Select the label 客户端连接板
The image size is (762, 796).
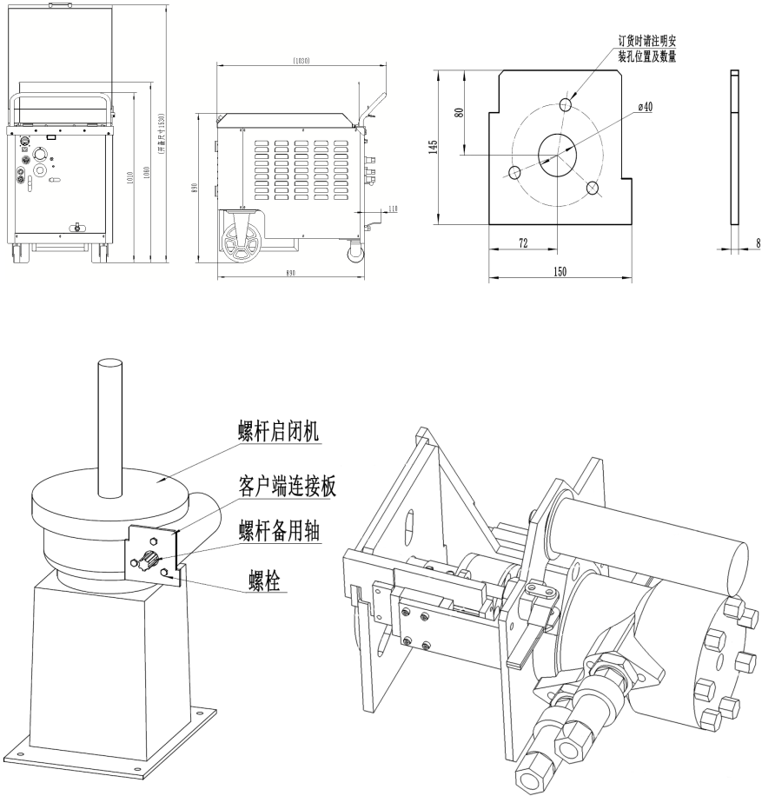pos(286,484)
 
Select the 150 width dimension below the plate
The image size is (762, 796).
pos(560,272)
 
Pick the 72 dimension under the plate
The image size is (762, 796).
pos(523,244)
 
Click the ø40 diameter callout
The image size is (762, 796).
pos(645,106)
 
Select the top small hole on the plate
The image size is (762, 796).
pos(567,105)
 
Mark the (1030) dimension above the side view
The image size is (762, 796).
pos(301,61)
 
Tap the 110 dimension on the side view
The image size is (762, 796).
pos(393,209)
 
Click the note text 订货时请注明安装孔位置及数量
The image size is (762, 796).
pos(646,49)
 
